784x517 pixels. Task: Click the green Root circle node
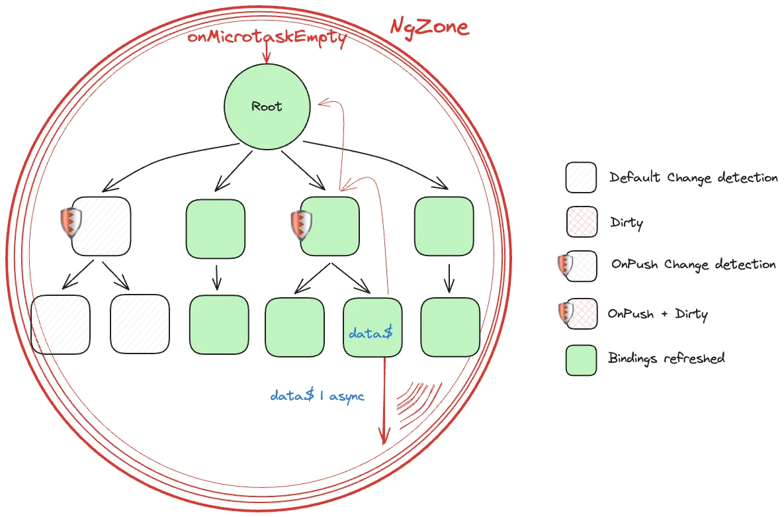pyautogui.click(x=267, y=107)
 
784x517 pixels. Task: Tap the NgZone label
pyautogui.click(x=429, y=27)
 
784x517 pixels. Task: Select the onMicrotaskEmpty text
pyautogui.click(x=267, y=38)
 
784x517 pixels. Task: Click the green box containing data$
pyautogui.click(x=372, y=327)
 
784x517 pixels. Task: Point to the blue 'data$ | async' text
pyautogui.click(x=317, y=396)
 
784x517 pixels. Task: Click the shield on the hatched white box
pyautogui.click(x=71, y=222)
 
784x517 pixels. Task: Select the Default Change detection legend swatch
pyautogui.click(x=581, y=177)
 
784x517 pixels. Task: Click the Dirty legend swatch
pyautogui.click(x=582, y=221)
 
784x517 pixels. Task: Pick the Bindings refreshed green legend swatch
pyautogui.click(x=581, y=360)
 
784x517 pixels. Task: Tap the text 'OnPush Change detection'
pyautogui.click(x=693, y=264)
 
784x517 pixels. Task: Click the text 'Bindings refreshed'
pyautogui.click(x=666, y=358)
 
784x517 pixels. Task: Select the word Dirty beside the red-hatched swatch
pyautogui.click(x=627, y=222)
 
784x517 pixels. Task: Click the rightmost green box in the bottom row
pyautogui.click(x=451, y=327)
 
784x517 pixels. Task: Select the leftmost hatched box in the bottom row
pyautogui.click(x=60, y=324)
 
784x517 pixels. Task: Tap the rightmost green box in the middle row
pyautogui.click(x=444, y=226)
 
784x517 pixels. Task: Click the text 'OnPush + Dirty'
pyautogui.click(x=658, y=314)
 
